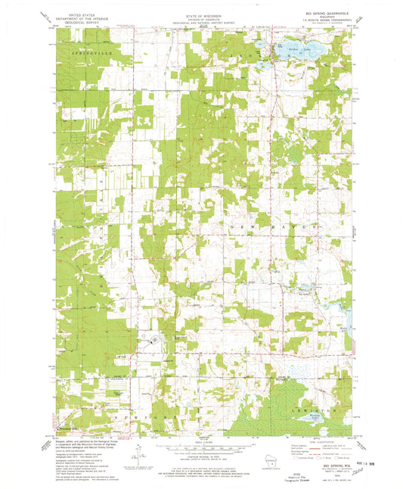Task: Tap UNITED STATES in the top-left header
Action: click(x=76, y=14)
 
